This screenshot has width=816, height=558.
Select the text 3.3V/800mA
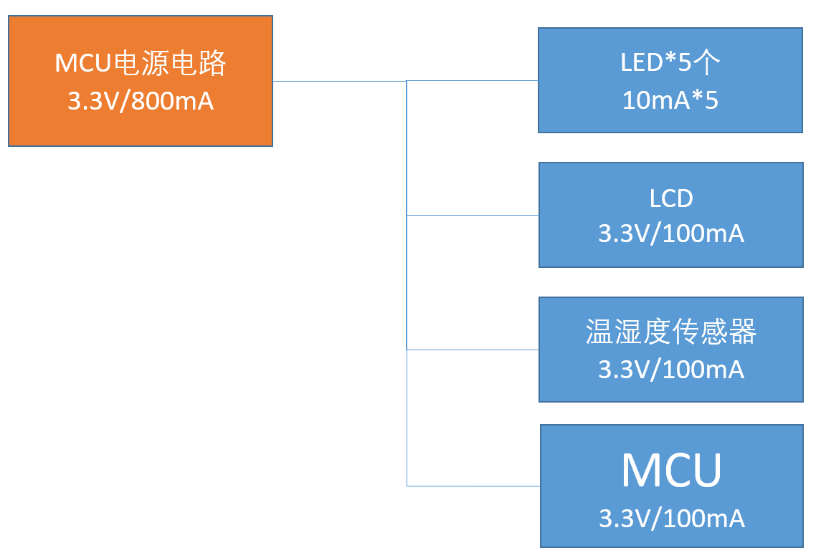141,101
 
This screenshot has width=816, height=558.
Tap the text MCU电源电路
141,64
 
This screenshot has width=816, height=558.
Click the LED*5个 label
670,62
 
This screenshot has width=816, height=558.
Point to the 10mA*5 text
670,100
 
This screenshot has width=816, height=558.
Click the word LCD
671,198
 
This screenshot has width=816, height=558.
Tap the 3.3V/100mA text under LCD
671,234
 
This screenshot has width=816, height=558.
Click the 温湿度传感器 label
671,332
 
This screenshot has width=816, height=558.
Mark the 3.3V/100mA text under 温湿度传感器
671,369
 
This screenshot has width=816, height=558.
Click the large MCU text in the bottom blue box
671,471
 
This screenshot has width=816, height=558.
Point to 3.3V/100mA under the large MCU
672,518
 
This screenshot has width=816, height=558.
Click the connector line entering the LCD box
473,215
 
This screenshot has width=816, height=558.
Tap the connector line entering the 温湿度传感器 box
473,350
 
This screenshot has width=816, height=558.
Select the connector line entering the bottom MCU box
473,486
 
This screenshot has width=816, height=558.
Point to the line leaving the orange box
337,81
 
